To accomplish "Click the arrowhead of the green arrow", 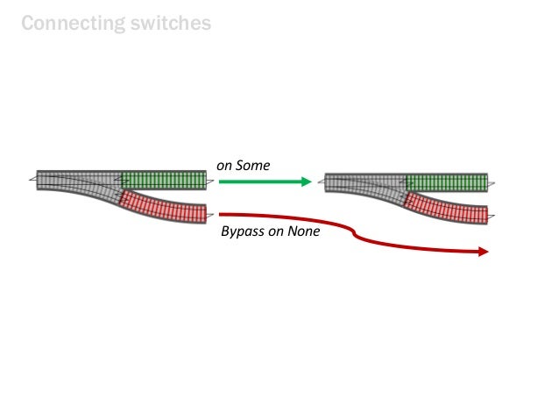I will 306,182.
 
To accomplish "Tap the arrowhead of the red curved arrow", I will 482,252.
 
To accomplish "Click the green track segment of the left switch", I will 164,180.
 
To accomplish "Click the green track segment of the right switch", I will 447,182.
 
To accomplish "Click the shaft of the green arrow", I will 258,182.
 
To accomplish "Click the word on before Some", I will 224,165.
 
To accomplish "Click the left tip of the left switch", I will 32,180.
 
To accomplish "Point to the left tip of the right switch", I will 320,182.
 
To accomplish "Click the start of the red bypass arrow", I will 222,214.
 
